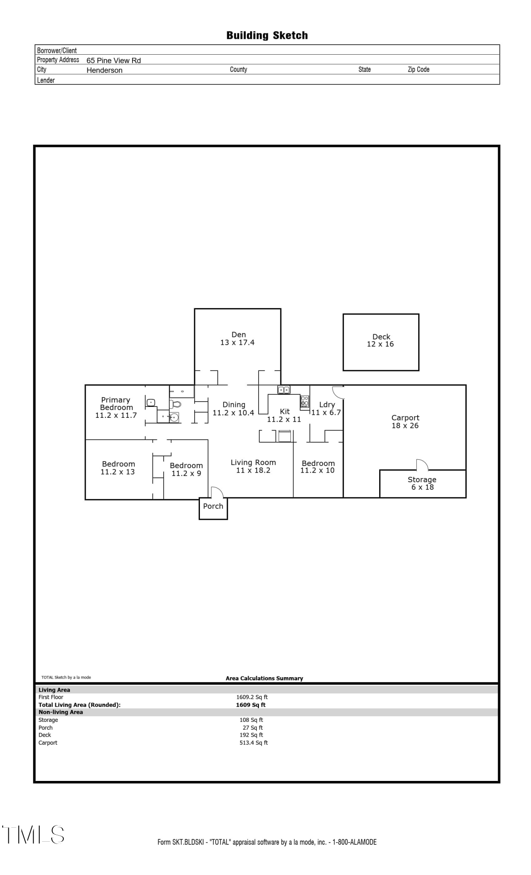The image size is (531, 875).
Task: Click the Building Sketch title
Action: click(x=267, y=35)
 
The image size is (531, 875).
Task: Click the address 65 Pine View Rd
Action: click(x=113, y=60)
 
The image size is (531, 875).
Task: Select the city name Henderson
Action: click(x=104, y=70)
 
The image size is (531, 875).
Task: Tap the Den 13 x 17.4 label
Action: click(x=238, y=339)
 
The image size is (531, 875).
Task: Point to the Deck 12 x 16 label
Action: click(x=381, y=340)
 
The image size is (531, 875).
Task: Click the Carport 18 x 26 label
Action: click(x=405, y=422)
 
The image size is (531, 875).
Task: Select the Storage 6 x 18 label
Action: click(x=422, y=483)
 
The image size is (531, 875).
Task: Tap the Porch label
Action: click(x=213, y=506)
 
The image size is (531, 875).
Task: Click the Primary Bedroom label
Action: click(x=116, y=407)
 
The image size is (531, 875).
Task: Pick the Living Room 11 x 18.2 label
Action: click(x=253, y=466)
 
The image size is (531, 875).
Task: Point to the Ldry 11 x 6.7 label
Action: click(x=326, y=409)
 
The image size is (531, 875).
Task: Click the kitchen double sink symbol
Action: click(x=283, y=390)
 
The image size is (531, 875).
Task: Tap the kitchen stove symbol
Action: click(x=304, y=401)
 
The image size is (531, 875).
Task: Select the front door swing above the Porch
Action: click(x=217, y=492)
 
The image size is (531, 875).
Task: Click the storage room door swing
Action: click(x=422, y=464)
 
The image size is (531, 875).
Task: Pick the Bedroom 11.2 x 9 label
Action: click(x=186, y=469)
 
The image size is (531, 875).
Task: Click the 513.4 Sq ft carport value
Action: click(x=253, y=742)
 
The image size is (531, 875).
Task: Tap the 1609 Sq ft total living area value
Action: click(x=251, y=705)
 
